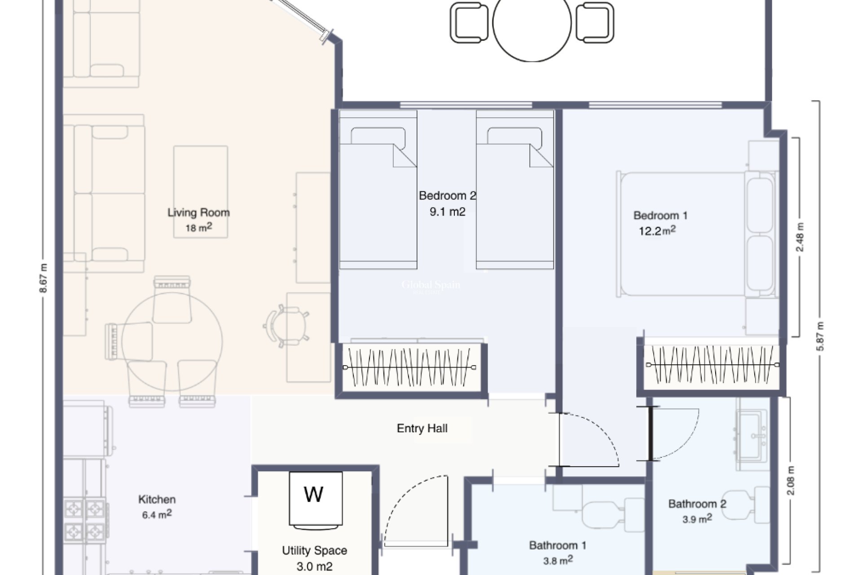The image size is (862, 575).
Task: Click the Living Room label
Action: pos(198,212)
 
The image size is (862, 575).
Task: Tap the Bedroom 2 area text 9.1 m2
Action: pos(447,212)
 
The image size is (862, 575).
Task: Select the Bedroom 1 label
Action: pos(660,215)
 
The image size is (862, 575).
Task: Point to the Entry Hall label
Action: pos(422,428)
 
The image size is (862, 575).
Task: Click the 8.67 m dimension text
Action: pos(44,278)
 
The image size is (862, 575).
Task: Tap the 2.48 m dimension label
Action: pos(800,237)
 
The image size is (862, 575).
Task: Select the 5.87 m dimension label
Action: pos(820,336)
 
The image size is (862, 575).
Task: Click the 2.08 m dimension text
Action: pos(791,481)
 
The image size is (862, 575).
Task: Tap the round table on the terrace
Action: pos(532,22)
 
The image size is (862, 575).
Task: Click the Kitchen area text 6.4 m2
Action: pos(157,515)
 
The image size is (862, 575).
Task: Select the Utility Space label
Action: pos(314,550)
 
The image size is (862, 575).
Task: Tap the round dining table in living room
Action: pos(172,342)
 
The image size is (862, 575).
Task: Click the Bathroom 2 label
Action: pos(697,504)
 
